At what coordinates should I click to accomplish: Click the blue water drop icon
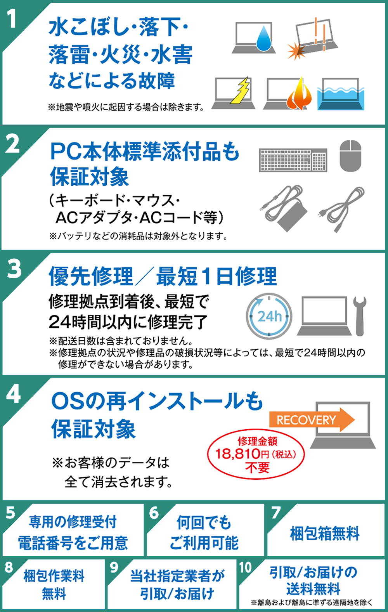click(x=265, y=38)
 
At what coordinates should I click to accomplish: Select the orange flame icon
click(x=300, y=94)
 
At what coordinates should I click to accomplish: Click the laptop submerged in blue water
click(x=341, y=95)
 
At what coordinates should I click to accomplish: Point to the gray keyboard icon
click(x=293, y=160)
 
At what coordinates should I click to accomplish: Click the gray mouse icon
click(x=350, y=156)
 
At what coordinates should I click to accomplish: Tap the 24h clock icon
click(x=269, y=316)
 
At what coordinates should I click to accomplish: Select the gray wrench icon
click(x=360, y=315)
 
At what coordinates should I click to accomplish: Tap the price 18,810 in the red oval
click(x=237, y=454)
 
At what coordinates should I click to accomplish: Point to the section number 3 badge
click(x=14, y=269)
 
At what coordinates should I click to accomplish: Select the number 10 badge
click(x=245, y=567)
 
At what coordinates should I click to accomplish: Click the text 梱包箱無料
click(x=325, y=533)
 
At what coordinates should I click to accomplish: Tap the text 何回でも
click(x=204, y=522)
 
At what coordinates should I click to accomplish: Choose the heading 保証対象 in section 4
click(x=94, y=429)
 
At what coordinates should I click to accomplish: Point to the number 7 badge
click(x=275, y=513)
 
